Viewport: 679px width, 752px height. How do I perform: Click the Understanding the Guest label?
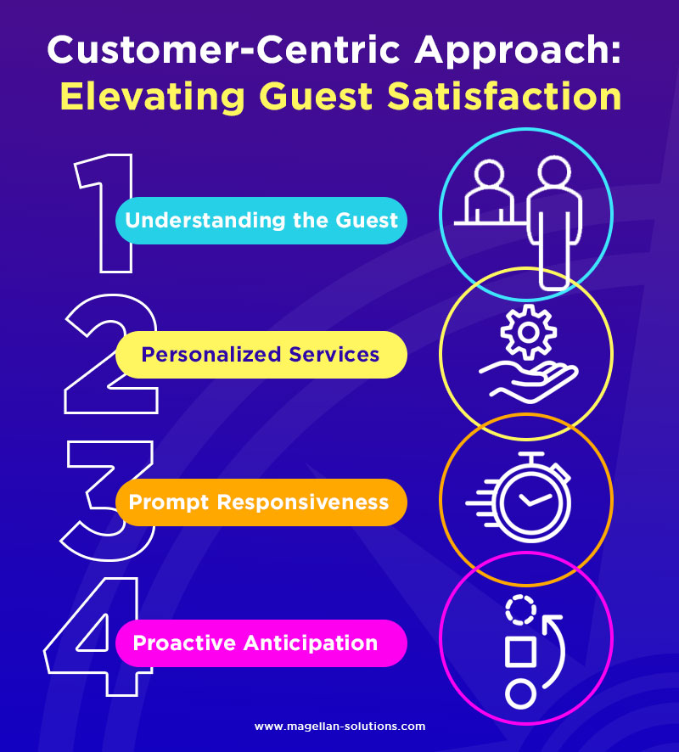point(261,221)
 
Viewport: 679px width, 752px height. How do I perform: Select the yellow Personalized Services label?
point(261,354)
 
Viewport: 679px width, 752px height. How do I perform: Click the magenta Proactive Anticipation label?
point(255,643)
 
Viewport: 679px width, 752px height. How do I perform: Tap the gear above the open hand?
point(528,332)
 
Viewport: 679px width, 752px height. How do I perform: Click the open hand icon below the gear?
point(527,379)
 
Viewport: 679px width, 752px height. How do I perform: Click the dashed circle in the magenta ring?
point(519,609)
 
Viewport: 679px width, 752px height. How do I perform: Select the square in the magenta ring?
point(519,651)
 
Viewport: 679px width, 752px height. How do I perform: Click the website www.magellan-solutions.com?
point(339,727)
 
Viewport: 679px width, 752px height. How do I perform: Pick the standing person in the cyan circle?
point(553,221)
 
